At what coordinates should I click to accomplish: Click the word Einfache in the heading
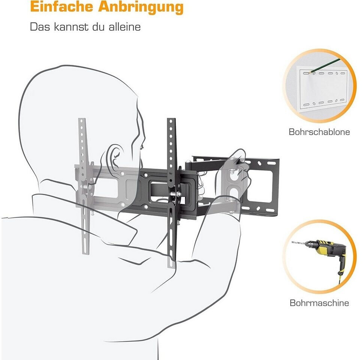pos(61,7)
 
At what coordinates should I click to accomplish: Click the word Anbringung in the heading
pos(141,8)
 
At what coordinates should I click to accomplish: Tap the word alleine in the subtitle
pos(125,27)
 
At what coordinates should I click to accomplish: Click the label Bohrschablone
pos(319,132)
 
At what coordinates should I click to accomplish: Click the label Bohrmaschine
pos(319,303)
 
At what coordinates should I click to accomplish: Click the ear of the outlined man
pos(114,157)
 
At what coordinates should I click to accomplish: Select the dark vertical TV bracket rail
pos(171,193)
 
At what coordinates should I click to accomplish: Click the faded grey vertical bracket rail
pos(83,185)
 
